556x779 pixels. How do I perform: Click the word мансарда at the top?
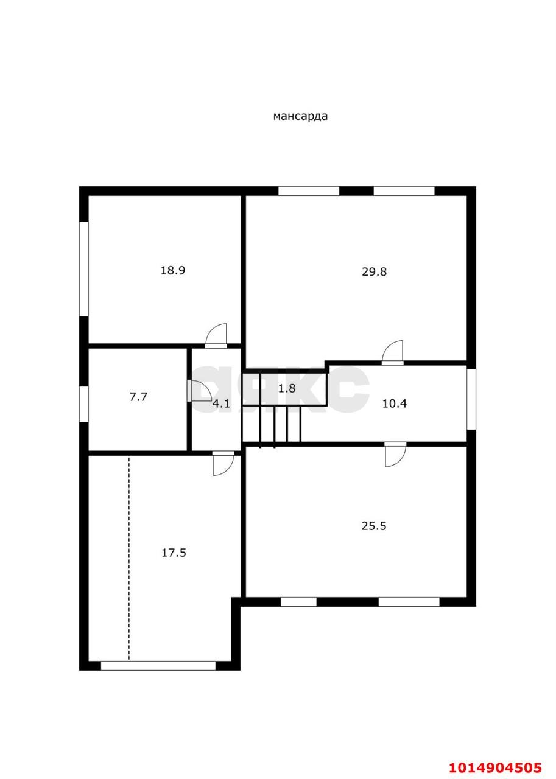pyautogui.click(x=300, y=116)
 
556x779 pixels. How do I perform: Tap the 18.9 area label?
pyautogui.click(x=172, y=270)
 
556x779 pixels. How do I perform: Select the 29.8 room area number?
pyautogui.click(x=374, y=271)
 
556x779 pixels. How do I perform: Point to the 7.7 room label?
pyautogui.click(x=138, y=397)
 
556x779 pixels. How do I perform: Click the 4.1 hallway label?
pyautogui.click(x=220, y=402)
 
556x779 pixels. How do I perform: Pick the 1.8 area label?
pyautogui.click(x=287, y=388)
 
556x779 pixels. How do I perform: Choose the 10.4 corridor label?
pyautogui.click(x=394, y=403)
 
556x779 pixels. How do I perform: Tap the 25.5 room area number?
pyautogui.click(x=374, y=526)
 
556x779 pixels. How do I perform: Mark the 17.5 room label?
pyautogui.click(x=174, y=553)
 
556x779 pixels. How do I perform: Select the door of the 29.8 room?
pyautogui.click(x=393, y=354)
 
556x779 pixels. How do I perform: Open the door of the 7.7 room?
pyautogui.click(x=198, y=391)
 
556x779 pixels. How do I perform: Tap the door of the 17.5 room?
pyautogui.click(x=222, y=463)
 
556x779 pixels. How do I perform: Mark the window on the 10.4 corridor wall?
pyautogui.click(x=471, y=399)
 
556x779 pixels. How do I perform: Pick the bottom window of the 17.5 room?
pyautogui.click(x=158, y=666)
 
